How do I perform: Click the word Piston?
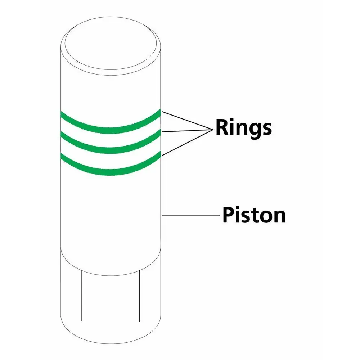pyautogui.click(x=254, y=215)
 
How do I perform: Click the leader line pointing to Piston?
pyautogui.click(x=191, y=216)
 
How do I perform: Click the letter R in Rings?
pyautogui.click(x=221, y=127)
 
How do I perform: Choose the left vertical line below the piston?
pyautogui.click(x=82, y=296)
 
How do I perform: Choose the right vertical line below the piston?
pyautogui.click(x=140, y=296)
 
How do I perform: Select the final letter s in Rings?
pyautogui.click(x=267, y=129)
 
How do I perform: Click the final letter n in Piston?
pyautogui.click(x=280, y=217)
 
